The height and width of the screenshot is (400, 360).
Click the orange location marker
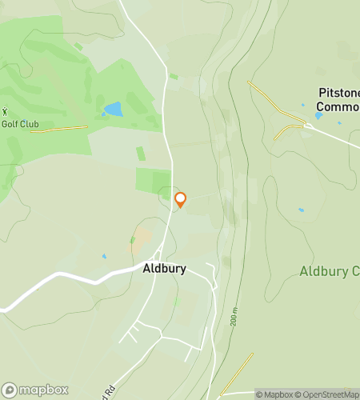point(180,198)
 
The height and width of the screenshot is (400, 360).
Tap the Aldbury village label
point(165,269)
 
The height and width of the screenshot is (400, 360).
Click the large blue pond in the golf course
point(113,108)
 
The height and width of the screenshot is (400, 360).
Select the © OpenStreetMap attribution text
point(328,394)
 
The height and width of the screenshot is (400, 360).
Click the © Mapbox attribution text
point(274,394)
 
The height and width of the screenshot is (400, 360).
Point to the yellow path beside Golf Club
point(64,128)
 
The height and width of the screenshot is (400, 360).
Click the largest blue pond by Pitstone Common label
point(318,116)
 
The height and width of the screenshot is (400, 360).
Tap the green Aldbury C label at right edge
point(329,271)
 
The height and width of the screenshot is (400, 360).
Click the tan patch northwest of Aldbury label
point(141,237)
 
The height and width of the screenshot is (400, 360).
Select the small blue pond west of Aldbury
point(104,257)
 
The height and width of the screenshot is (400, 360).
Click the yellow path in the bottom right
point(238,372)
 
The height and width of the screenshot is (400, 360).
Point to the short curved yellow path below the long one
point(284,131)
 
